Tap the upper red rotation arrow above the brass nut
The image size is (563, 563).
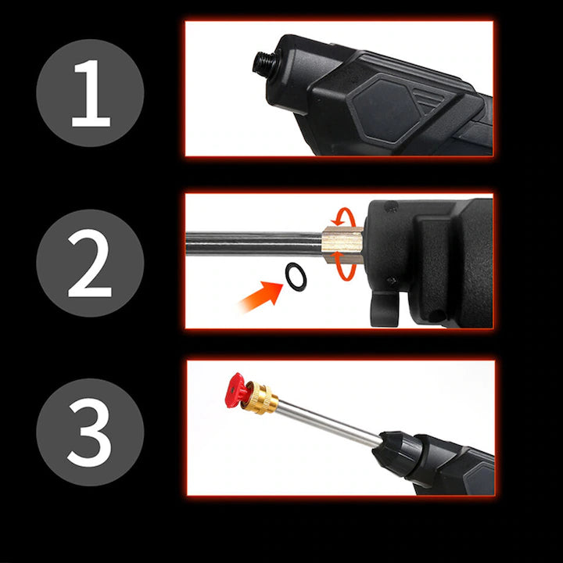click(343, 214)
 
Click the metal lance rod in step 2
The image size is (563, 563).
click(250, 240)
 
